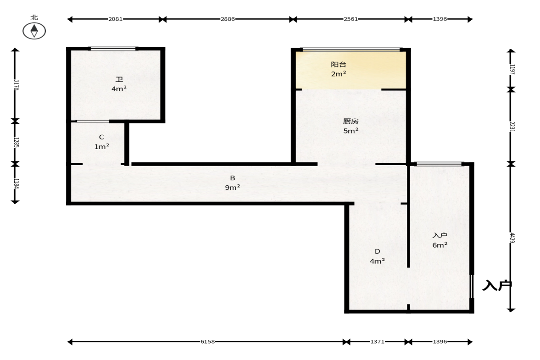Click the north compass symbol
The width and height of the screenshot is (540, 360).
pyautogui.click(x=34, y=31)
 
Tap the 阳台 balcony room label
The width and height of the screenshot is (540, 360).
pyautogui.click(x=339, y=64)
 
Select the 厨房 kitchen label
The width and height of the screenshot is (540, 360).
pyautogui.click(x=351, y=121)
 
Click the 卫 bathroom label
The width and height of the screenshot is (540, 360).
pyautogui.click(x=119, y=79)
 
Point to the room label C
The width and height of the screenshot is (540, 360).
pyautogui.click(x=101, y=137)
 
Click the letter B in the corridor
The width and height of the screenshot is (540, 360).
pyautogui.click(x=233, y=178)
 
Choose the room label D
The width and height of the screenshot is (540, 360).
pyautogui.click(x=378, y=251)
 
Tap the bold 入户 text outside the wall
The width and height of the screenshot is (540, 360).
pyautogui.click(x=497, y=285)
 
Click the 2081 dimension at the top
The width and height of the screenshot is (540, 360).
pyautogui.click(x=115, y=19)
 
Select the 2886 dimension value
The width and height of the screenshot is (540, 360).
pyautogui.click(x=228, y=19)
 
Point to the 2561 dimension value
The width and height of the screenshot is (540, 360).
pyautogui.click(x=351, y=19)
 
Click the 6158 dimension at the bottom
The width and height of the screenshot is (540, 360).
pyautogui.click(x=208, y=341)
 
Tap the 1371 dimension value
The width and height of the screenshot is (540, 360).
pyautogui.click(x=378, y=341)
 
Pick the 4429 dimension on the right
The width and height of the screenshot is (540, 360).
pyautogui.click(x=512, y=238)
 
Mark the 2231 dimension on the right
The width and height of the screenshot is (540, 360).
pyautogui.click(x=512, y=127)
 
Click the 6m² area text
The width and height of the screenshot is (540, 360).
pyautogui.click(x=440, y=245)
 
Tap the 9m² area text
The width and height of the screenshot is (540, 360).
pyautogui.click(x=233, y=188)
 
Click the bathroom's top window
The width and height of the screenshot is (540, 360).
pyautogui.click(x=113, y=49)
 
